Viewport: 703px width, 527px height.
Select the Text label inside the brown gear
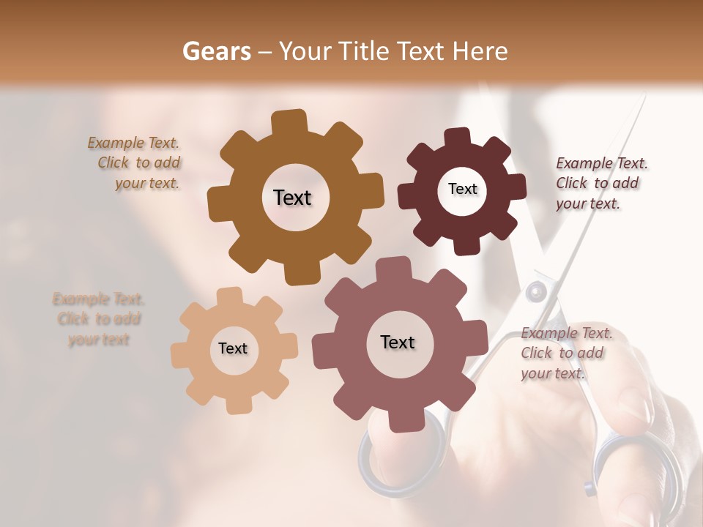coord(292,198)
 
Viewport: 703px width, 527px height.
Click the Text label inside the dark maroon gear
coord(462,189)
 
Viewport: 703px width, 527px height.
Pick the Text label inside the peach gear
coord(233,348)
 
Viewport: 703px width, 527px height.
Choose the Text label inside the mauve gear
coord(398,342)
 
